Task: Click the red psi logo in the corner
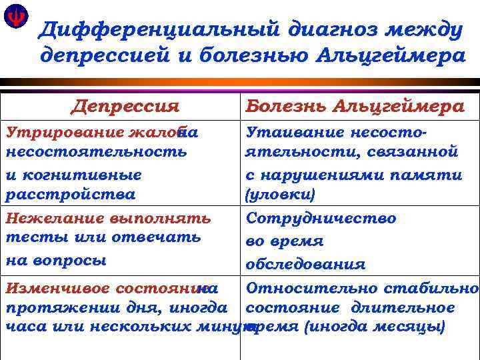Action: coord(14,17)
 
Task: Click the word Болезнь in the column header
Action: coord(287,106)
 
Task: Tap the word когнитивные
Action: coord(74,175)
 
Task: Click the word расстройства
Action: coord(70,195)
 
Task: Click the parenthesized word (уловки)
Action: coord(280,195)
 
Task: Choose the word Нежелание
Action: coord(50,218)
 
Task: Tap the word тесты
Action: coord(30,237)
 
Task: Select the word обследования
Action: coord(305,264)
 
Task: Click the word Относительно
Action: coord(316,289)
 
